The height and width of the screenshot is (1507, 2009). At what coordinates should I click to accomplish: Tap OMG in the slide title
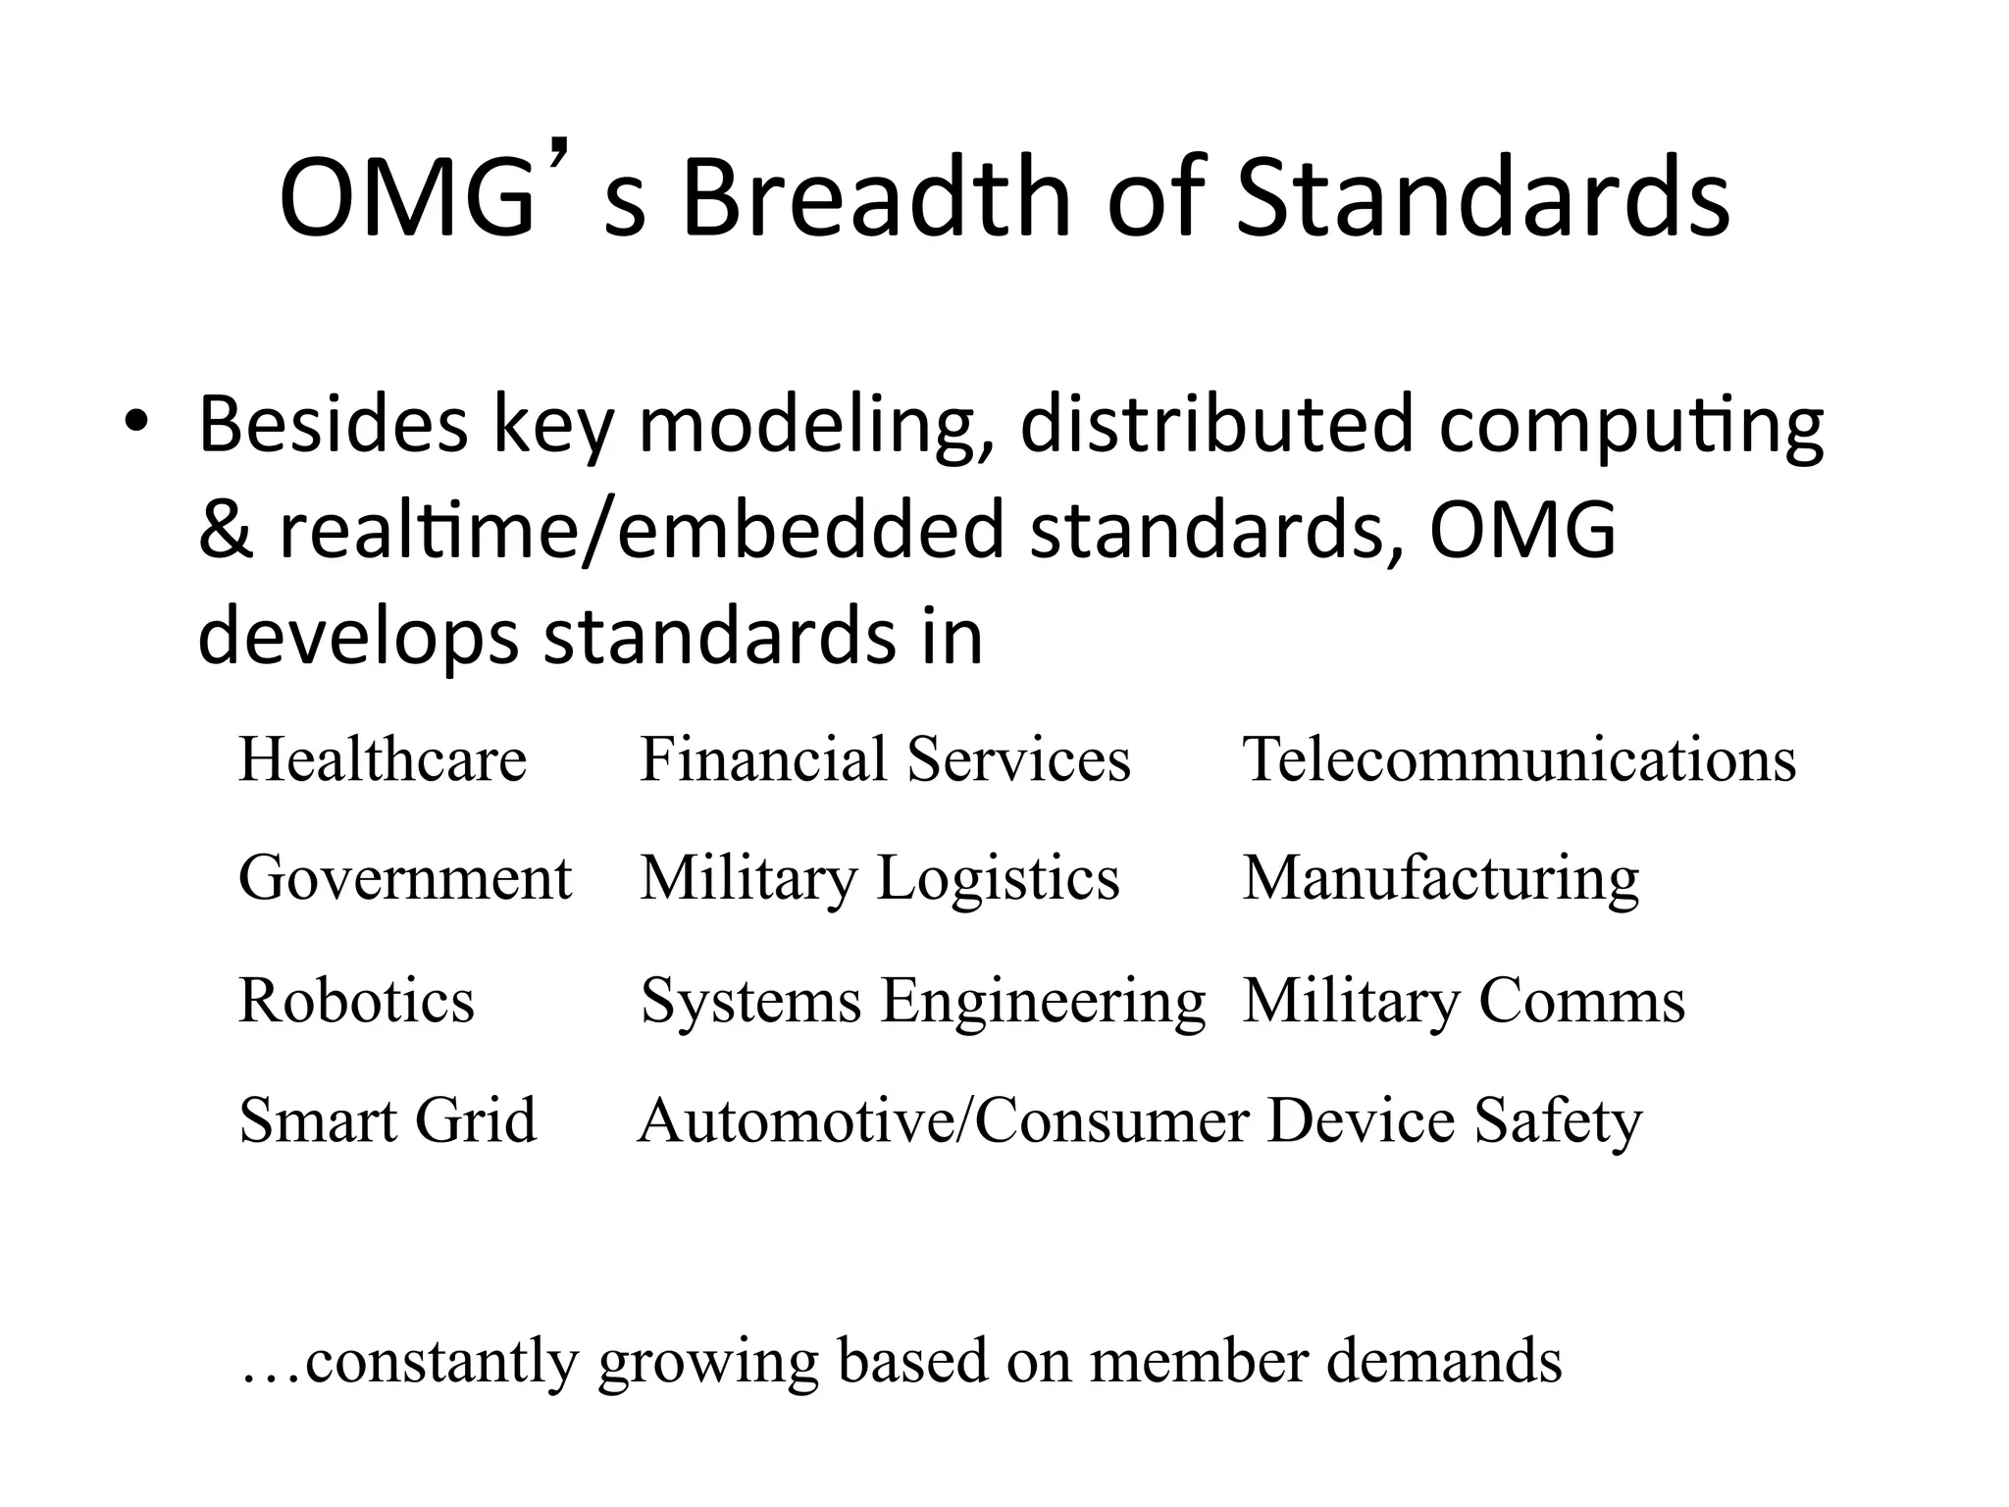click(x=405, y=200)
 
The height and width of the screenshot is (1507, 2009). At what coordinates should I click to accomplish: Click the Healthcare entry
click(x=383, y=759)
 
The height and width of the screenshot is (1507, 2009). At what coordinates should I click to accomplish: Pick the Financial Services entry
click(x=885, y=759)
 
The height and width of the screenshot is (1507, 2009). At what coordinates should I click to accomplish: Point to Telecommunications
click(x=1520, y=759)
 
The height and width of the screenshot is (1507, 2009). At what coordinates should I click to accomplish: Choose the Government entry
click(x=404, y=877)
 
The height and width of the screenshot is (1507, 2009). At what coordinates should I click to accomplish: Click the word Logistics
click(x=998, y=877)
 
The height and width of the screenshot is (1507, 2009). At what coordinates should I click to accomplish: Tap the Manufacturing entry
click(x=1441, y=879)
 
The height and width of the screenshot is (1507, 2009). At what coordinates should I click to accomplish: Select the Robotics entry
click(x=356, y=1001)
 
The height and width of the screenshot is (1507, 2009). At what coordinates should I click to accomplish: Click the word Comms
click(x=1581, y=1001)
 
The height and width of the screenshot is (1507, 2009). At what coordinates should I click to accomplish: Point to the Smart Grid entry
click(x=387, y=1119)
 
